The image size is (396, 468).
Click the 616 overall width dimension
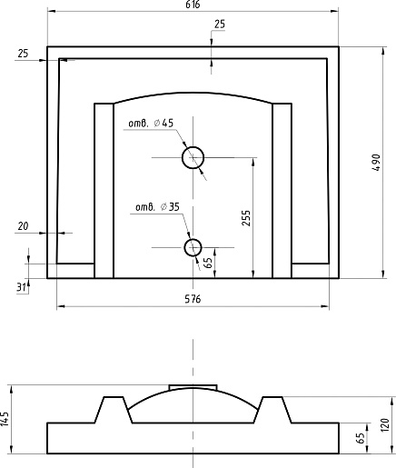pyautogui.click(x=193, y=5)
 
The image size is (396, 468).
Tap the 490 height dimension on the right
pyautogui.click(x=376, y=163)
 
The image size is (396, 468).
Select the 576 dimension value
pyautogui.click(x=193, y=299)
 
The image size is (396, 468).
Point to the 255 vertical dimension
pyautogui.click(x=246, y=218)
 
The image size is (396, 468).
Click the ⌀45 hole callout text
pyautogui.click(x=151, y=124)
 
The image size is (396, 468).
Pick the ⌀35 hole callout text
pyautogui.click(x=157, y=207)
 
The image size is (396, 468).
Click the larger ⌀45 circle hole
pyautogui.click(x=193, y=157)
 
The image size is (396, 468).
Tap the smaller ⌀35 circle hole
pyautogui.click(x=193, y=247)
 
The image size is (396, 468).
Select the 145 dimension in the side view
pyautogui.click(x=5, y=419)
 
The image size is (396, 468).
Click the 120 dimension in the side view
pyautogui.click(x=384, y=425)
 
